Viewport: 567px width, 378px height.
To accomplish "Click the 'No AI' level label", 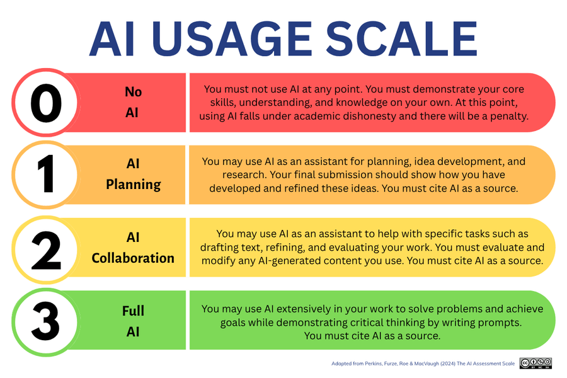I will pos(133,103).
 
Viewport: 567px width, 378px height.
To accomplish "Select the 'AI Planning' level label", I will pos(133,175).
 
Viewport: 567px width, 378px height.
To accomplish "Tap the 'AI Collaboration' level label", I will pos(133,248).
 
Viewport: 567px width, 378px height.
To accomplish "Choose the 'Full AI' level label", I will pos(133,321).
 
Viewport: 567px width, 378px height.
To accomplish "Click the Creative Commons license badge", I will pos(535,364).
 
